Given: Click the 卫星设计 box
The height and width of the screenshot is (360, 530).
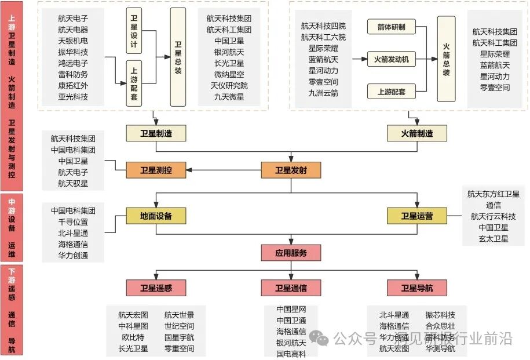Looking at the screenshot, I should coord(134,31).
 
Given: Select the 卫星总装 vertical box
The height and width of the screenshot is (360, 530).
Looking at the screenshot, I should coord(178,57).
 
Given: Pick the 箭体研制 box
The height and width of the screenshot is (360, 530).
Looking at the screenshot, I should coord(391,27).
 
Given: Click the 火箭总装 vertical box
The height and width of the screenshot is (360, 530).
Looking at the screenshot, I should coord(446,59).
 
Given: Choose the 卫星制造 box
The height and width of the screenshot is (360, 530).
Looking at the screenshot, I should coord(156,133).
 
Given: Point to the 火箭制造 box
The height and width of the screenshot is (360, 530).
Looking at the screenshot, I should coord(417,133).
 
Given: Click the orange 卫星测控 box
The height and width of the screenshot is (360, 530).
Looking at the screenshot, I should coord(156,170).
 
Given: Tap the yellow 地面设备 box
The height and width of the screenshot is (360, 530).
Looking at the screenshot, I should coord(156,216).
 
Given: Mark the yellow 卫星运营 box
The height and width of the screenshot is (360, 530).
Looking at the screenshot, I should coord(417,216).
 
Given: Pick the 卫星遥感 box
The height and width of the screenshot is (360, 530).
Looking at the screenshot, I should coord(156,288).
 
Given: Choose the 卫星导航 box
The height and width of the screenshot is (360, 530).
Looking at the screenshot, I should coord(417,288).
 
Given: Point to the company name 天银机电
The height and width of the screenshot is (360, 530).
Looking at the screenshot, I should coord(73,41).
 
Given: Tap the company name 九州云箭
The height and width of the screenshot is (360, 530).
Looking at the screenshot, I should coord(323,93).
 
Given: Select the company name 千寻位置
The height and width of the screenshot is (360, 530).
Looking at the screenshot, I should coord(73,222).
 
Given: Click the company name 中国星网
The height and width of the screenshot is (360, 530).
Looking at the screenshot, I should coord(291,309).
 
